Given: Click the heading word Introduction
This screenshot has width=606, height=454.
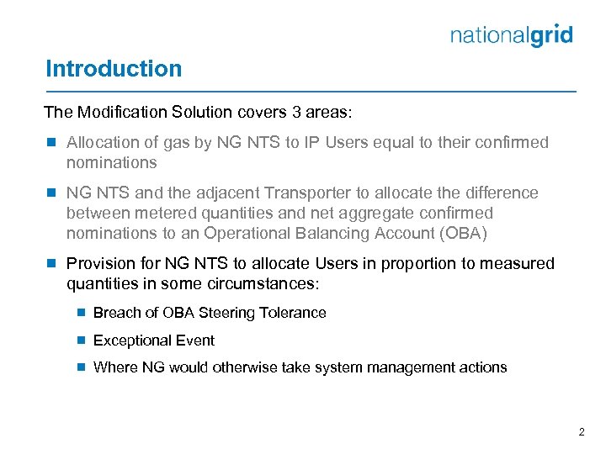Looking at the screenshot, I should [x=114, y=69].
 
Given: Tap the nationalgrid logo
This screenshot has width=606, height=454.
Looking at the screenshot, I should [x=512, y=35].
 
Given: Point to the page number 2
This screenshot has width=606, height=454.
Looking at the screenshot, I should [x=582, y=431].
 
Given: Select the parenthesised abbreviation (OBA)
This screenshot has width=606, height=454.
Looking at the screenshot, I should [x=460, y=233].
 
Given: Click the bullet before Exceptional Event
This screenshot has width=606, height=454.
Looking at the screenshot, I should [x=81, y=340].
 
